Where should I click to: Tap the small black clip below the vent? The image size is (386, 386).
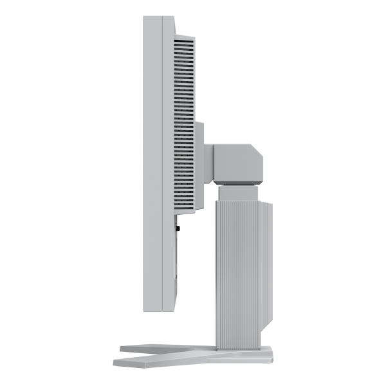pos(177,225)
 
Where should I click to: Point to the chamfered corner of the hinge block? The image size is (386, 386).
pos(257,151)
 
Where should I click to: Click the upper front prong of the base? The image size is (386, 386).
pos(161,348)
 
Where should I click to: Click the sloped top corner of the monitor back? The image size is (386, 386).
pos(174,24)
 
